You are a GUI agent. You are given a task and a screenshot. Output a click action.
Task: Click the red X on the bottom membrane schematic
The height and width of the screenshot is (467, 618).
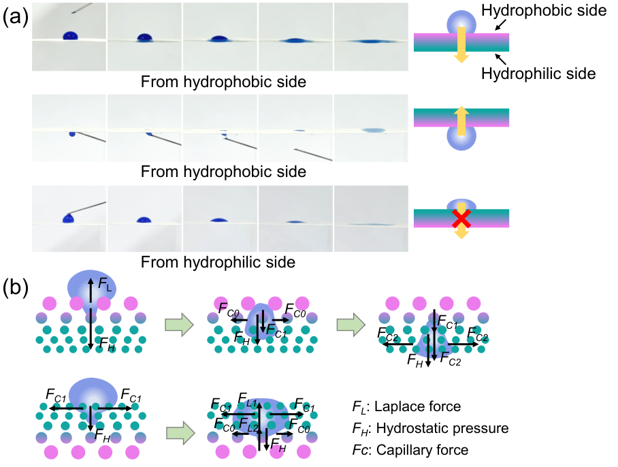click(x=461, y=219)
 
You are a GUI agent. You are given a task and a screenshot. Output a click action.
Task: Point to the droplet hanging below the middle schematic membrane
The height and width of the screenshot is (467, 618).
click(x=461, y=138)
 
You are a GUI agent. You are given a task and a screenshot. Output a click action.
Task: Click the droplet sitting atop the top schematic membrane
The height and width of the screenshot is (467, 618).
click(x=461, y=21)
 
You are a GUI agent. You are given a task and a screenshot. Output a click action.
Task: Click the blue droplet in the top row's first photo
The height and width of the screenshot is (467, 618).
click(x=70, y=35)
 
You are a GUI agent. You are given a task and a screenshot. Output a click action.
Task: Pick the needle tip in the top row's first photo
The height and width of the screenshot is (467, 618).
click(x=74, y=12)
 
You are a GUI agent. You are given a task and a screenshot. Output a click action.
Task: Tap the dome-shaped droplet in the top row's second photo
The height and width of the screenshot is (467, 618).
click(x=144, y=37)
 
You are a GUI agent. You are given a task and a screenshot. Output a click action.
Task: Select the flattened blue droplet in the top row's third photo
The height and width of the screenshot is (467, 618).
click(x=218, y=39)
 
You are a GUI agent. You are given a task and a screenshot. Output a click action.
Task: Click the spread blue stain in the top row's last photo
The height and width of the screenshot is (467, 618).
click(x=370, y=42)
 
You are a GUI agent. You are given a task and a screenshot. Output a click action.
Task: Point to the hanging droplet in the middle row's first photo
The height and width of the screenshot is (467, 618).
click(x=72, y=133)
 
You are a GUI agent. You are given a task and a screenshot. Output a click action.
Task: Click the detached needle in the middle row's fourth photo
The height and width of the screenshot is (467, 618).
click(x=313, y=155)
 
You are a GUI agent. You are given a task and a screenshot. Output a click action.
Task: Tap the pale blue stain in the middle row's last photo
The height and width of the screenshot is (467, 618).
click(x=373, y=130)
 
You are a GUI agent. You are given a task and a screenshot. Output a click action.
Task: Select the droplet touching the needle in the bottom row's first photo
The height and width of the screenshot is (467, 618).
click(x=68, y=218)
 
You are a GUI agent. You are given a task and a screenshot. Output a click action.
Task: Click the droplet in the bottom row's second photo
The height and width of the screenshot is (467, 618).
click(x=144, y=220)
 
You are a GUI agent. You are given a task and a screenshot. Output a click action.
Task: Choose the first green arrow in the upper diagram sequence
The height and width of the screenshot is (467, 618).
click(x=179, y=325)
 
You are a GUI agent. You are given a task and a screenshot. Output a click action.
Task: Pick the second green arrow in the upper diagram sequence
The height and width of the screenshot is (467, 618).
click(x=351, y=325)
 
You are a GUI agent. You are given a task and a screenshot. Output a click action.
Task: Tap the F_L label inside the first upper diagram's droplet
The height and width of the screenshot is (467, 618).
click(x=103, y=283)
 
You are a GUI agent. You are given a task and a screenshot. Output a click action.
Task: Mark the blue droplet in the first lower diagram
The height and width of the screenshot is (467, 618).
click(x=93, y=394)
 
